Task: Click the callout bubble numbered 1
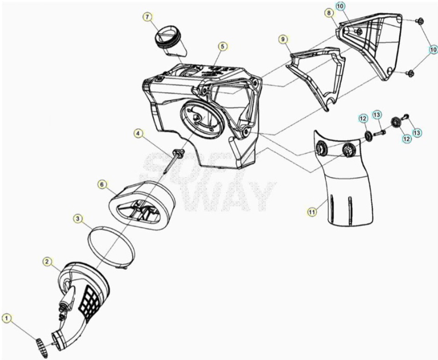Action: click(7, 318)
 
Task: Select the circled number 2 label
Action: click(47, 262)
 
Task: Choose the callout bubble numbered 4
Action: click(138, 134)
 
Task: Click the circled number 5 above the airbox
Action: click(222, 47)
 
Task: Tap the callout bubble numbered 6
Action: click(102, 185)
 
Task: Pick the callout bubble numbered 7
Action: click(147, 17)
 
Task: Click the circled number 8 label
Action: click(329, 13)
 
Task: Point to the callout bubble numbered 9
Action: click(283, 40)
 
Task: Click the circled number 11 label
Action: click(312, 212)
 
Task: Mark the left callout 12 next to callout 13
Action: click(363, 119)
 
